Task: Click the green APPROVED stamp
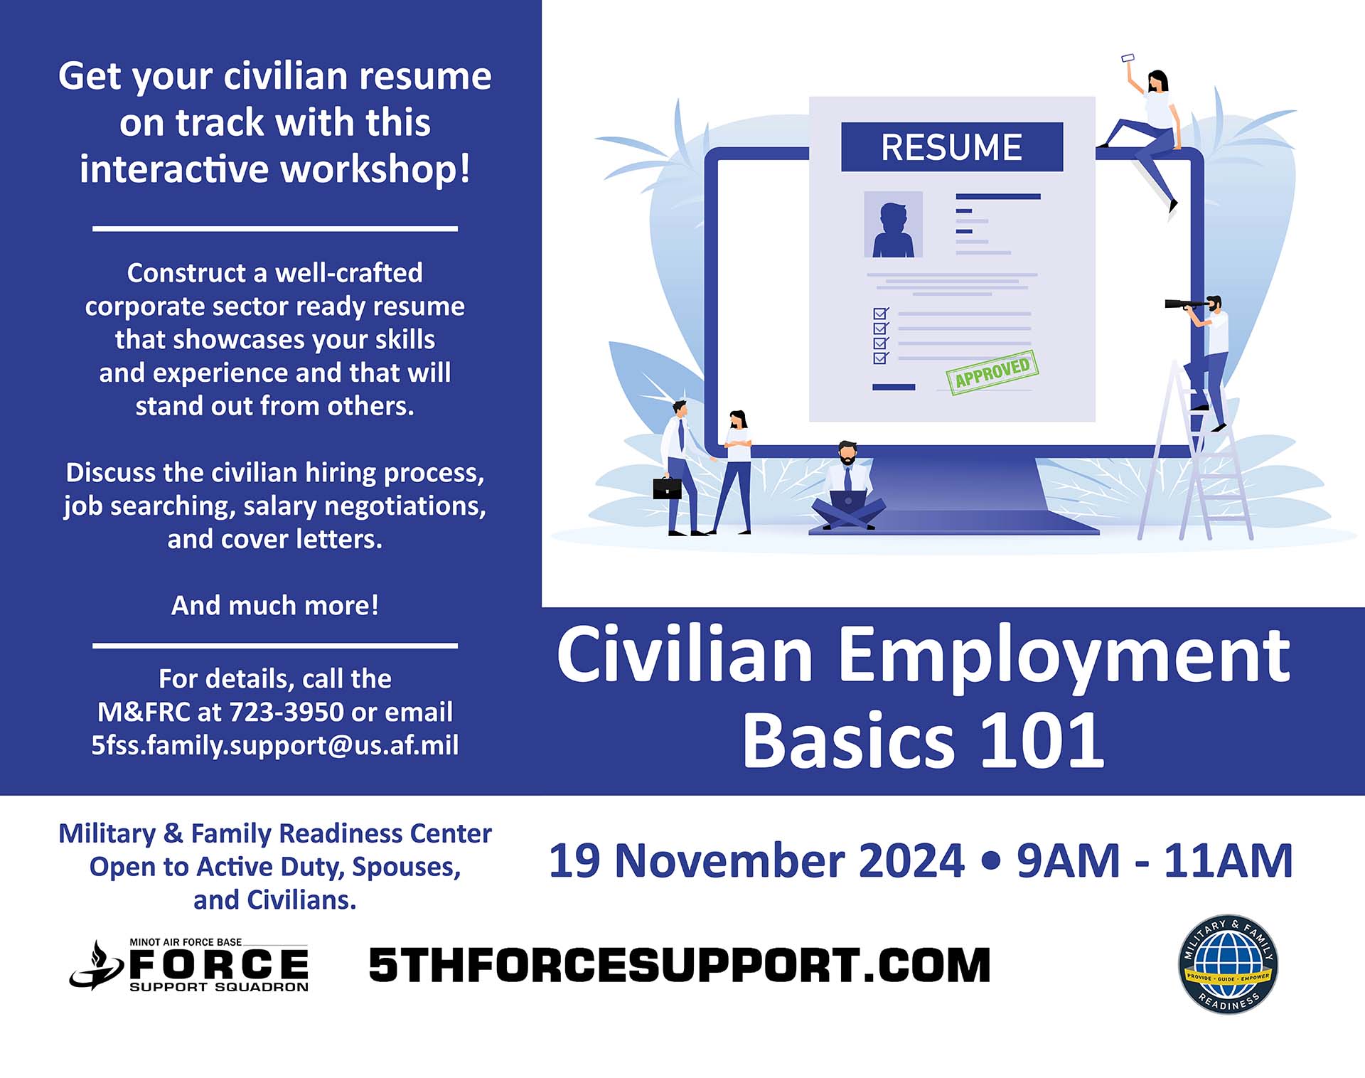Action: pyautogui.click(x=992, y=372)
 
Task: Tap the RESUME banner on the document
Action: pyautogui.click(x=952, y=147)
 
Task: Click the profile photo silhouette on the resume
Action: pyautogui.click(x=893, y=225)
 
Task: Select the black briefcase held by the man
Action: pyautogui.click(x=667, y=489)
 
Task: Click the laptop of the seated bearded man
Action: pyautogui.click(x=848, y=501)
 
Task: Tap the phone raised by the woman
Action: pyautogui.click(x=1128, y=58)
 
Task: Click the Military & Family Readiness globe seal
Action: pyautogui.click(x=1228, y=964)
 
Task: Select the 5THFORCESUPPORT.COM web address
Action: pyautogui.click(x=680, y=965)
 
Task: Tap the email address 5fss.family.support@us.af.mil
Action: pyautogui.click(x=275, y=745)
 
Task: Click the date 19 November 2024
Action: pyautogui.click(x=756, y=860)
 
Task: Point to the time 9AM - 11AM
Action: pyautogui.click(x=1155, y=860)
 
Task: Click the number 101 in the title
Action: pyautogui.click(x=1042, y=740)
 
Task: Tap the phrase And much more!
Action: pyautogui.click(x=275, y=605)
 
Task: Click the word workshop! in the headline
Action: pyautogui.click(x=375, y=170)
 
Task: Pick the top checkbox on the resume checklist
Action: pyautogui.click(x=881, y=314)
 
